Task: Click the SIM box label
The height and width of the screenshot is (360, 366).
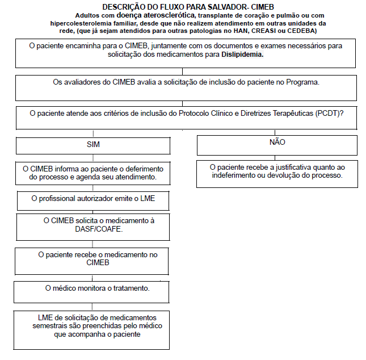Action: (93, 145)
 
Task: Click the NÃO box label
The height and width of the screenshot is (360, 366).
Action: (277, 142)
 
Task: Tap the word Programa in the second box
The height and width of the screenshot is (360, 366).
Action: (302, 82)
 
